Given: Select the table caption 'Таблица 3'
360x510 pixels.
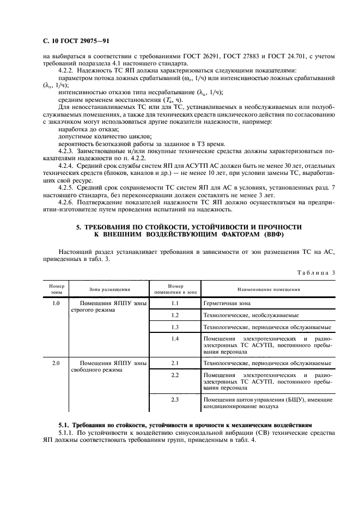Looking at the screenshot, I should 315,272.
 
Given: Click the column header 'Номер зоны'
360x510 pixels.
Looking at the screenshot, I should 56,288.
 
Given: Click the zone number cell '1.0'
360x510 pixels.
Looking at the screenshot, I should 56,303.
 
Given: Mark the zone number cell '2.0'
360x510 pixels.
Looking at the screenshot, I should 56,362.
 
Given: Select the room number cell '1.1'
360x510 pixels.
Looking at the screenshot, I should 175,303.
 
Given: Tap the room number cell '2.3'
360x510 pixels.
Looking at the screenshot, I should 175,399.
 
